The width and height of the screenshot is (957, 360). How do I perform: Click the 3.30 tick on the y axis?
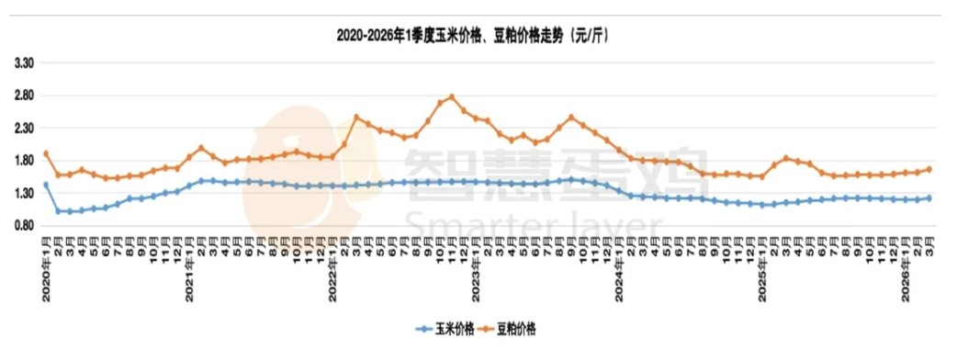pyautogui.click(x=24, y=63)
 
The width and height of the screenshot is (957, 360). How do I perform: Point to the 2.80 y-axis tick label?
pyautogui.click(x=24, y=96)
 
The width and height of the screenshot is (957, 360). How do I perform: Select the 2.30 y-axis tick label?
pyautogui.click(x=24, y=129)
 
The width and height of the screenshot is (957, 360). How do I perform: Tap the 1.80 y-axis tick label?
pyautogui.click(x=24, y=161)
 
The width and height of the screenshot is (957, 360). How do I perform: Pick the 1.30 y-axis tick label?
pyautogui.click(x=24, y=194)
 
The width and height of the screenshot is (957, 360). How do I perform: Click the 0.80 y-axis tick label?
pyautogui.click(x=24, y=226)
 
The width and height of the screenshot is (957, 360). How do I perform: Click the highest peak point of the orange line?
pyautogui.click(x=452, y=96)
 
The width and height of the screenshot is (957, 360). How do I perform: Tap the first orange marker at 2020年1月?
pyautogui.click(x=46, y=153)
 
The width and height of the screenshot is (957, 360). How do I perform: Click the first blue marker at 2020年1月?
pyautogui.click(x=46, y=185)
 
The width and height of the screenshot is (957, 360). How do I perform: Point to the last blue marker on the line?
pyautogui.click(x=929, y=197)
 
